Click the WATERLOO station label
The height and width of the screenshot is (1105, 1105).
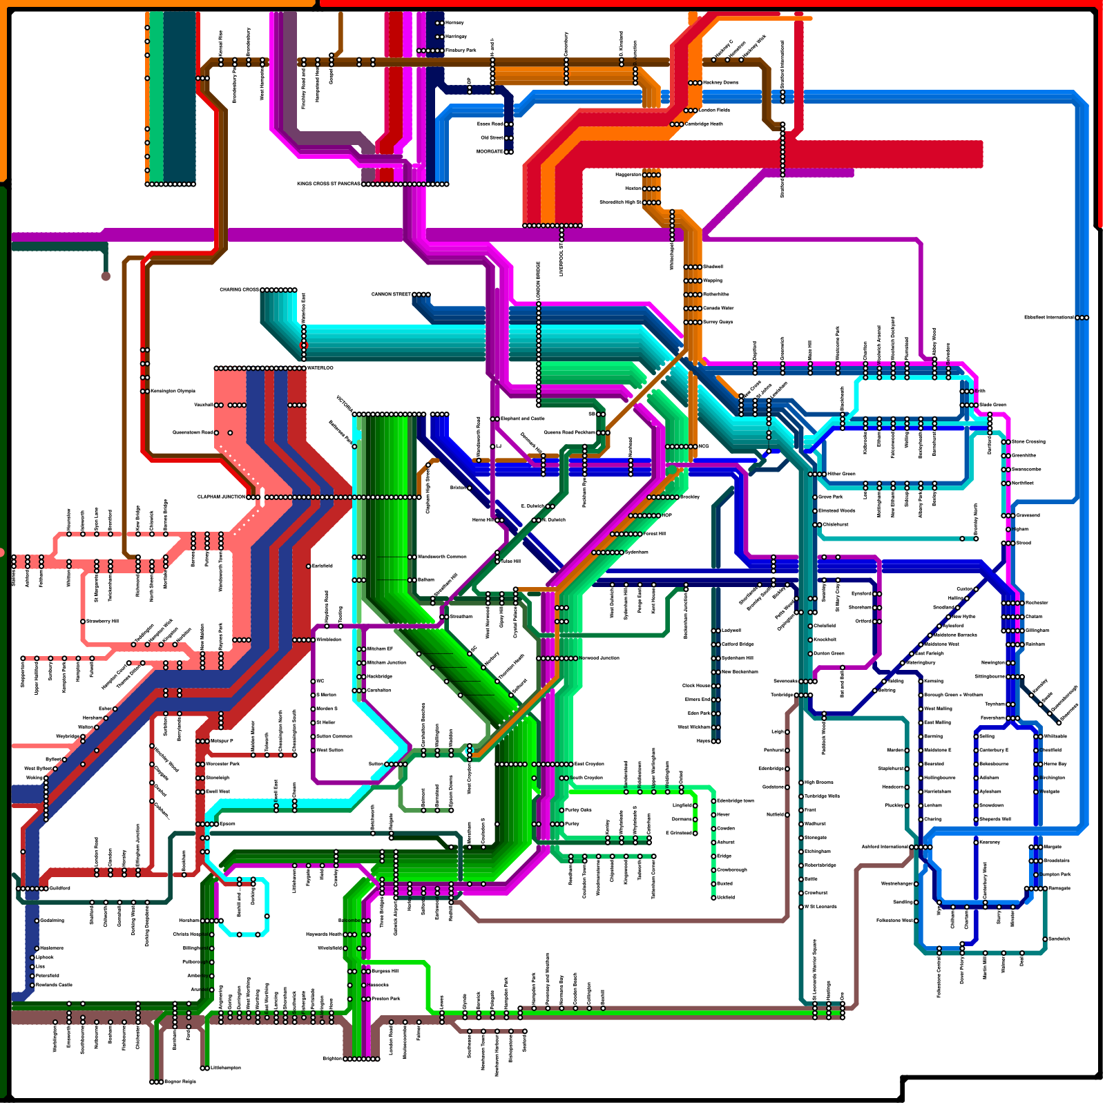pyautogui.click(x=320, y=367)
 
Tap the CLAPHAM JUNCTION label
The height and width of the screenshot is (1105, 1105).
pyautogui.click(x=221, y=497)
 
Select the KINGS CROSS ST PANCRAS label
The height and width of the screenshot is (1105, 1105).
pyautogui.click(x=328, y=184)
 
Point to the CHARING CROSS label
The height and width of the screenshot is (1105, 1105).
pyautogui.click(x=239, y=289)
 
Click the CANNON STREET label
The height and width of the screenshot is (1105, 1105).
pyautogui.click(x=391, y=294)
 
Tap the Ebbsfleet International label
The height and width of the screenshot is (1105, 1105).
pyautogui.click(x=1048, y=317)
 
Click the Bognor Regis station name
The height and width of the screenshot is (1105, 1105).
pyautogui.click(x=181, y=1082)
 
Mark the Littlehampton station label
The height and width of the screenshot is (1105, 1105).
pyautogui.click(x=226, y=1068)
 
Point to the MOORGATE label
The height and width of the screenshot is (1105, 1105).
pyautogui.click(x=490, y=151)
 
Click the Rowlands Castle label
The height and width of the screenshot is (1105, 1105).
pyautogui.click(x=54, y=985)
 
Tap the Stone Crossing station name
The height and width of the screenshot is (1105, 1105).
pyautogui.click(x=1028, y=441)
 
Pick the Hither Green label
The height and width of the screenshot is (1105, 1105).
pyautogui.click(x=841, y=474)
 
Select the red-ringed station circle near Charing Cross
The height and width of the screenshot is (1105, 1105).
pyautogui.click(x=303, y=345)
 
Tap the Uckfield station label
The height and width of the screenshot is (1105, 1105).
pyautogui.click(x=725, y=897)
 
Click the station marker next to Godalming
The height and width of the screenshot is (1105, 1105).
pyautogui.click(x=37, y=921)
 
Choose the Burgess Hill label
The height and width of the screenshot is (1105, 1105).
pyautogui.click(x=385, y=971)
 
